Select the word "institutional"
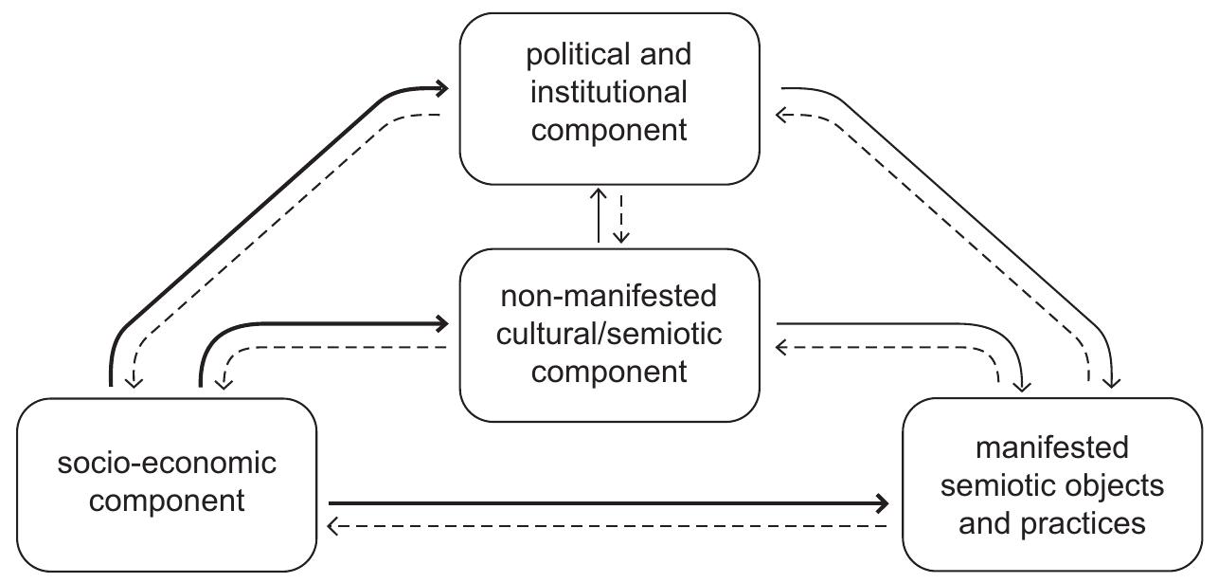609,92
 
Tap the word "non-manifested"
609,297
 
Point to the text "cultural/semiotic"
609,334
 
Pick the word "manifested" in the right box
1051,446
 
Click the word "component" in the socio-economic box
167,501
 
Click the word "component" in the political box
609,130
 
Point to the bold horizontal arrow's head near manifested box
883,502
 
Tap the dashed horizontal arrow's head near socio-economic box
333,526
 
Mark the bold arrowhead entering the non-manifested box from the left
441,323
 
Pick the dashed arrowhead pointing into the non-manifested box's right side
781,347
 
